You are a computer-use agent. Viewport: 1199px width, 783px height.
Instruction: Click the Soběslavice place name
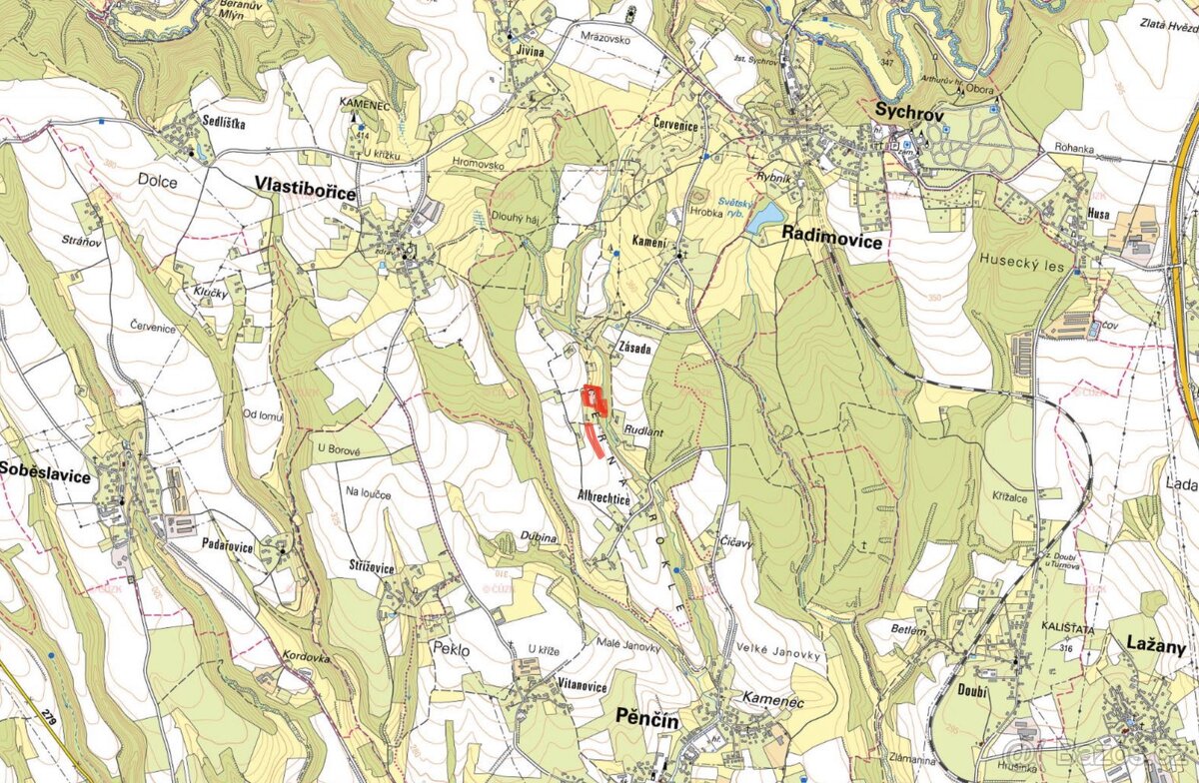point(44,476)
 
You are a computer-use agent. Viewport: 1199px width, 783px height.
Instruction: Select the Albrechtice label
point(603,495)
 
